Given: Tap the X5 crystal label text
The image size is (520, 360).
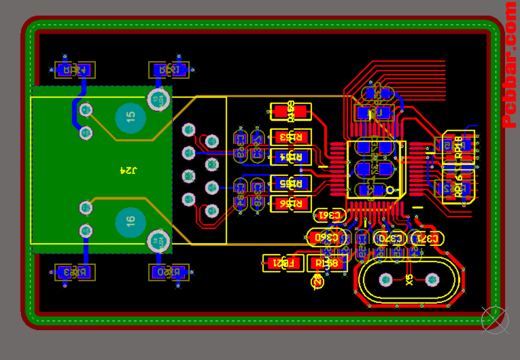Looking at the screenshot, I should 410,280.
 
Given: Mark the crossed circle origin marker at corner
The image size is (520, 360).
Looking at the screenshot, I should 494,320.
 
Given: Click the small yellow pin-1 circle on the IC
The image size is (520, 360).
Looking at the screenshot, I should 391,191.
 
